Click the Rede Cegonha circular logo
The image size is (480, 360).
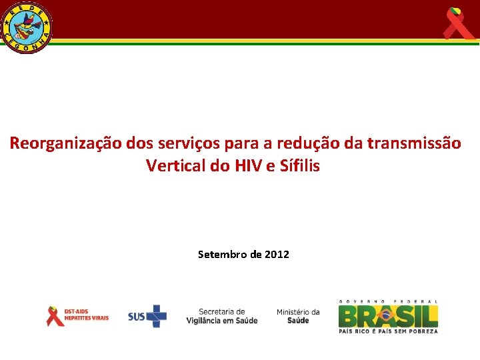(27, 27)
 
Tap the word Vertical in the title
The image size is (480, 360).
(175, 166)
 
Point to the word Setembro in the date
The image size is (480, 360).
(221, 254)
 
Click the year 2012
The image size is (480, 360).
(277, 254)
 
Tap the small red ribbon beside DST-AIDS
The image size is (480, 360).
(54, 315)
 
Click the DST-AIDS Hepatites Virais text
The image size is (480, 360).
(86, 315)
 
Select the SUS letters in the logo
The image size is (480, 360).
(137, 316)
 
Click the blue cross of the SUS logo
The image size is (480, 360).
(157, 316)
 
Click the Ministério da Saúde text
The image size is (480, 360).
(298, 316)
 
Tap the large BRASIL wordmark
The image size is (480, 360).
(388, 315)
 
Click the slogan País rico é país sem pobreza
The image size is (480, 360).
(388, 331)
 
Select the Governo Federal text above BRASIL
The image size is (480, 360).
(388, 301)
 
